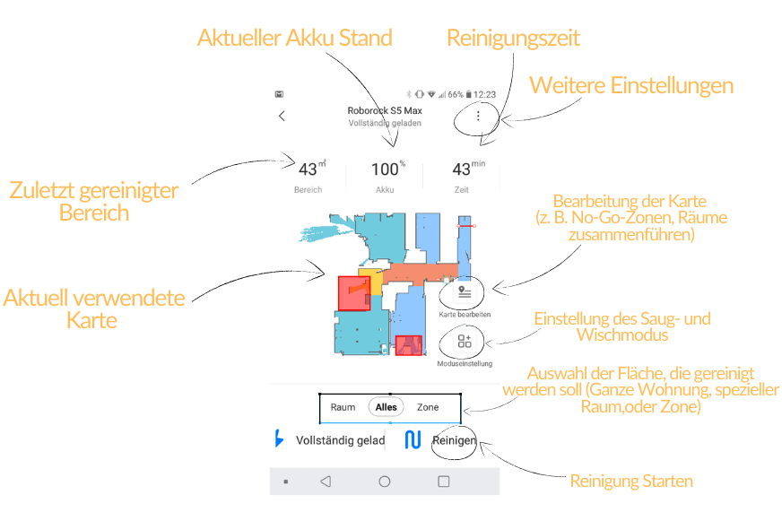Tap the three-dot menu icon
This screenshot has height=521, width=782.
478,116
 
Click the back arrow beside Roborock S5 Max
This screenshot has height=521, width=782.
282,116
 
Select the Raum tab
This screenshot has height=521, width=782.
343,407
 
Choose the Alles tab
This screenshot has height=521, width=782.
387,407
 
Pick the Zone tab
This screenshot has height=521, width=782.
428,407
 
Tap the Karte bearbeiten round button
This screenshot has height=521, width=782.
464,291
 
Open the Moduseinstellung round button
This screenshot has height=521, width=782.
464,342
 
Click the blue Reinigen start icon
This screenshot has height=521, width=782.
413,440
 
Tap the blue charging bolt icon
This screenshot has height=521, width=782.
279,439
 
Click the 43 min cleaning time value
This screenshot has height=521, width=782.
463,169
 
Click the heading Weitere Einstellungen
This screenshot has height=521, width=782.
631,85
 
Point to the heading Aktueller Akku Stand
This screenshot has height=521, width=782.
295,39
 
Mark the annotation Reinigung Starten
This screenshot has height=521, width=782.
631,482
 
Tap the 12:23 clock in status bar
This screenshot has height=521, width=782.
484,94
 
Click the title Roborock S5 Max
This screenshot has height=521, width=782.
384,110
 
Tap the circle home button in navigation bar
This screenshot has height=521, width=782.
385,482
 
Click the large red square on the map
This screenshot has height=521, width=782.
352,293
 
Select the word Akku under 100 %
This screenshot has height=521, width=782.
385,190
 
